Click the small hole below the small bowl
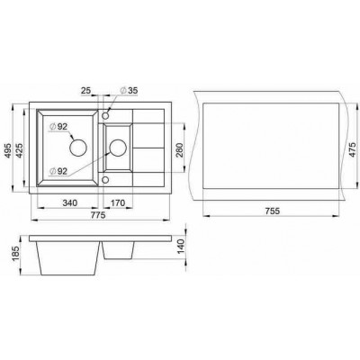coord(106,181)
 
